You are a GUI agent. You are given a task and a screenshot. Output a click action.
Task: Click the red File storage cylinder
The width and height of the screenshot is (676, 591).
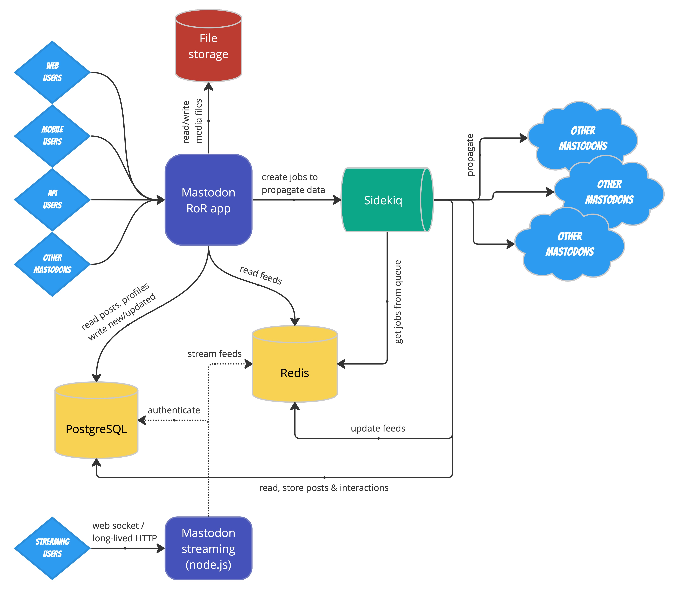tap(208, 46)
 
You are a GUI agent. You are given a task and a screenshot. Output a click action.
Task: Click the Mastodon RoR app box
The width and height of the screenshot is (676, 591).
tap(208, 200)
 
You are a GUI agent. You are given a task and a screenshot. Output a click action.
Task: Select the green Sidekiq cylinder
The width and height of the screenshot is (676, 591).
tap(383, 200)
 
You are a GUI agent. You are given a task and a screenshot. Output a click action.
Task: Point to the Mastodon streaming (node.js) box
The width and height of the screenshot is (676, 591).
tap(208, 548)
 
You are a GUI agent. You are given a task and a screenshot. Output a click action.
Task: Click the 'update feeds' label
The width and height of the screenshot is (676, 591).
tap(378, 428)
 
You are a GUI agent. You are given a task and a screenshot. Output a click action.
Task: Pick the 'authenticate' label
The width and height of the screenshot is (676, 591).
tap(174, 410)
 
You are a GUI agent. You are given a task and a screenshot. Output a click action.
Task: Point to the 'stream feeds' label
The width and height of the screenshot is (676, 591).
tap(214, 354)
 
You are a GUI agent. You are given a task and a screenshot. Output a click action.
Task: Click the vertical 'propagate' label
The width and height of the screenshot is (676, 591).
tap(470, 155)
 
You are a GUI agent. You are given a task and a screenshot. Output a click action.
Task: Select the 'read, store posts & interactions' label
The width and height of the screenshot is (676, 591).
tap(324, 488)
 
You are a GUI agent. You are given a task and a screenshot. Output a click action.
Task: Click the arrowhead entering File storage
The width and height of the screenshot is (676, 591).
tap(208, 86)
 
